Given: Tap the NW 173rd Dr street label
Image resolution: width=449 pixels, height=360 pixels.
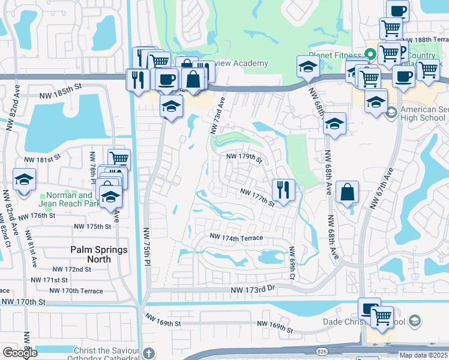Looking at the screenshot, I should (x=252, y=289).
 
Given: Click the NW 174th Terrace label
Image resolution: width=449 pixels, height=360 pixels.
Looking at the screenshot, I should (x=236, y=238).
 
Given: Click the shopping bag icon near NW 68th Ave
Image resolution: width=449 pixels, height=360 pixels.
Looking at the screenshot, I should (x=348, y=193).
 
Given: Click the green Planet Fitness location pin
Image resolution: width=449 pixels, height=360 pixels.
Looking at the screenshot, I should (x=370, y=53).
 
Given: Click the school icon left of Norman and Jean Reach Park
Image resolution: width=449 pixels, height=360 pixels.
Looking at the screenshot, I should (x=24, y=179).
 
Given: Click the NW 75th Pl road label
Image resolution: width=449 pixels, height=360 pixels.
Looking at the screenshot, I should (x=147, y=246).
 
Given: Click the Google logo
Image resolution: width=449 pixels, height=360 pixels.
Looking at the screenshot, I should (x=20, y=353).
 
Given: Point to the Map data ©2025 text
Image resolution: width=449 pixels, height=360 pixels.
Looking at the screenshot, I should (x=423, y=355).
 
